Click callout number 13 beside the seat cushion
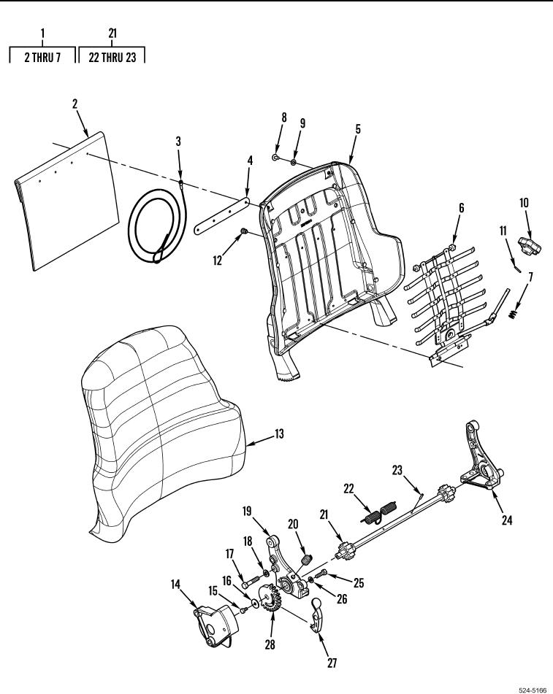click(x=279, y=434)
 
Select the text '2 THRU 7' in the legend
click(x=42, y=57)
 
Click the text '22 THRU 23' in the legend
click(x=112, y=57)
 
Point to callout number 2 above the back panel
click(x=75, y=103)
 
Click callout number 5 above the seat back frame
click(x=357, y=129)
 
